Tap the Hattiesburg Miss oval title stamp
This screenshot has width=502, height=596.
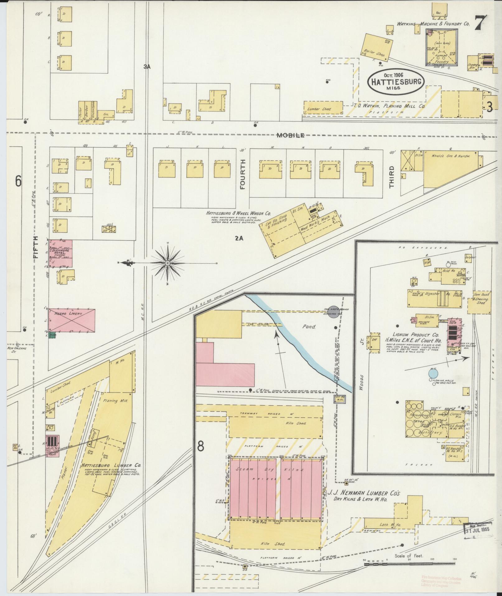point(396,82)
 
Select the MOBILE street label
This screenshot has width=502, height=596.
point(290,135)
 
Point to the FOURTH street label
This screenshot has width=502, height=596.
point(243,174)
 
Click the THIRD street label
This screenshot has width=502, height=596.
point(391,176)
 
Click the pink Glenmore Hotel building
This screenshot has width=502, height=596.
point(60,253)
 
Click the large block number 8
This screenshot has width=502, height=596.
point(201,446)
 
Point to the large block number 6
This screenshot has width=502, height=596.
point(18,181)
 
